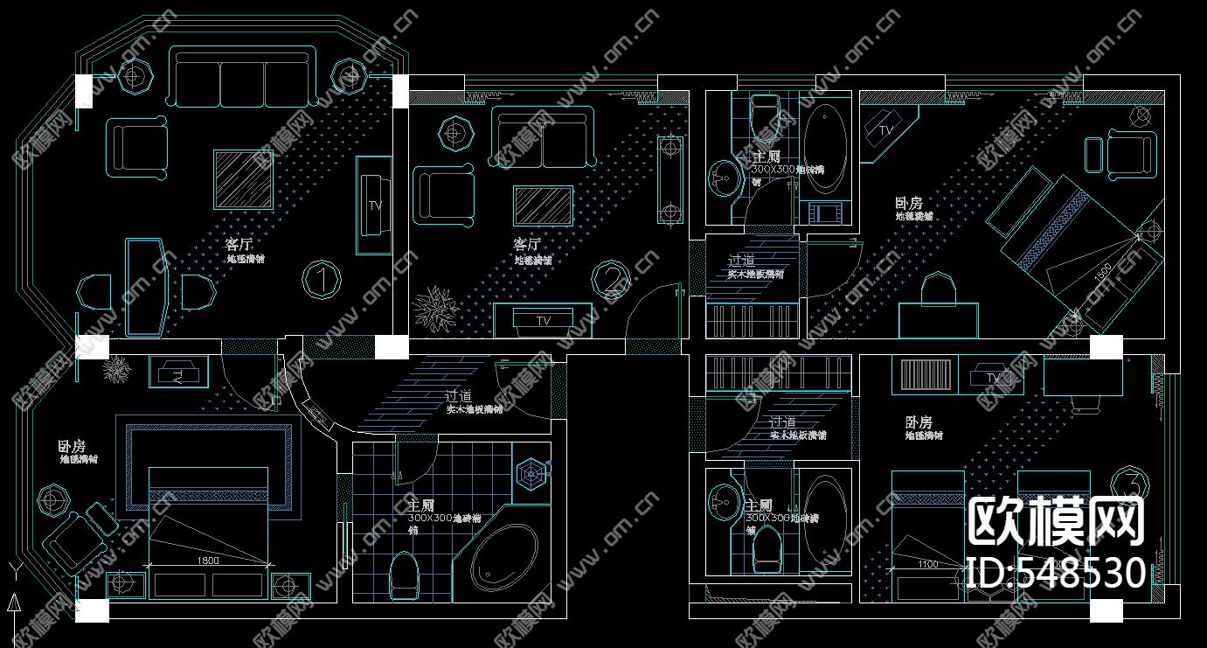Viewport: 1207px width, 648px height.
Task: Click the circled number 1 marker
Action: [x=322, y=280]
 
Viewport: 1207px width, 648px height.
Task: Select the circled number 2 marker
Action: [x=610, y=280]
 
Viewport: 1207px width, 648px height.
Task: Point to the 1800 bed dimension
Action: [x=208, y=560]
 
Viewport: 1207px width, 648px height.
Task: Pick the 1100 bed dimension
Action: [x=928, y=564]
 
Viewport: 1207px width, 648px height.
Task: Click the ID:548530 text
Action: [x=1058, y=573]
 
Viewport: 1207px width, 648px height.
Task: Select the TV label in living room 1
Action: [x=375, y=206]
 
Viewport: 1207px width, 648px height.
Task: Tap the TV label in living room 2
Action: [x=544, y=321]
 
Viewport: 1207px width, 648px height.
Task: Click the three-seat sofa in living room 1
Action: [x=242, y=78]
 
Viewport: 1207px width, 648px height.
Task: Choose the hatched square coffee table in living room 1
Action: [x=243, y=179]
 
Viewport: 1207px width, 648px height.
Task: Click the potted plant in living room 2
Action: [x=434, y=308]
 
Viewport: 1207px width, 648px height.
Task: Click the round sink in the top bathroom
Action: [x=724, y=178]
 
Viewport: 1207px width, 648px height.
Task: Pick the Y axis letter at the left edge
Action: [x=14, y=569]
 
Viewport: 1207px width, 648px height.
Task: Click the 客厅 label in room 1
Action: [x=239, y=244]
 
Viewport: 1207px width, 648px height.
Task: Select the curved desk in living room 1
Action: [x=146, y=286]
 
